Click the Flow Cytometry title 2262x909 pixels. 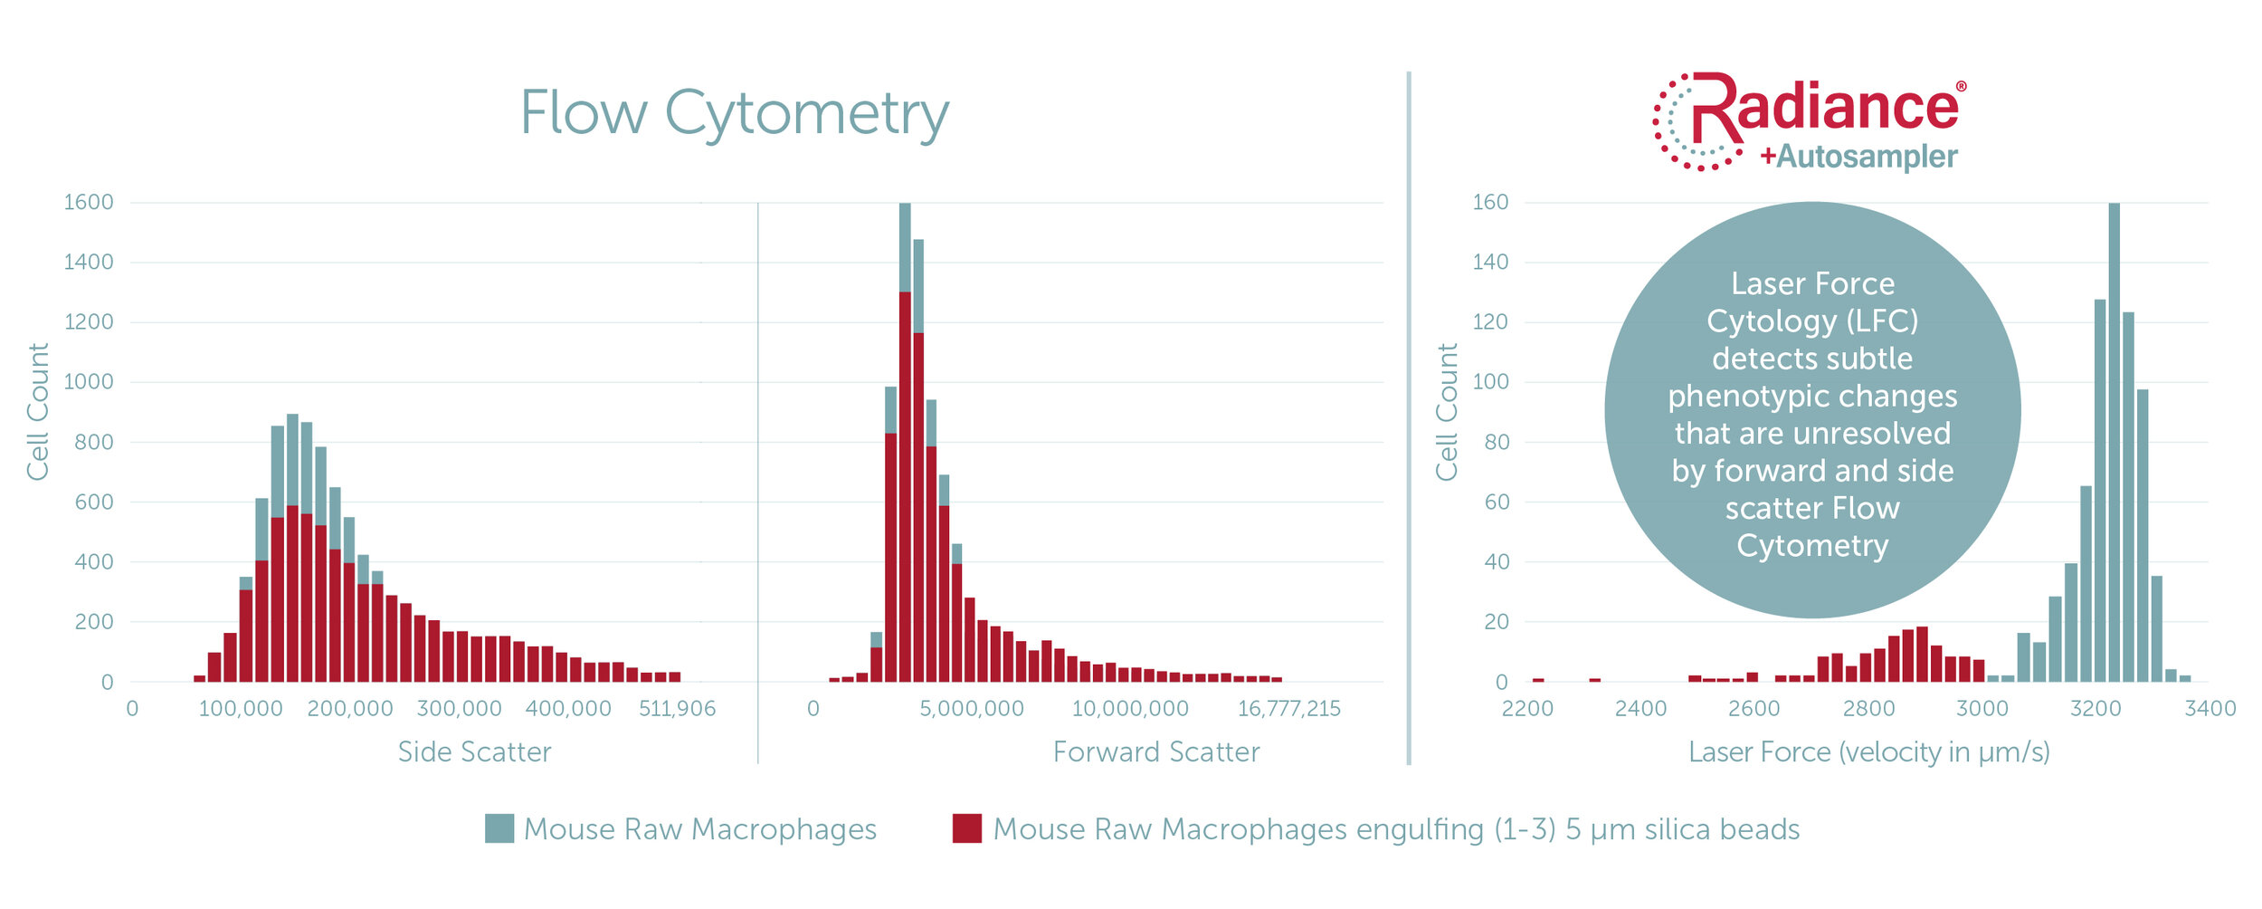[734, 114]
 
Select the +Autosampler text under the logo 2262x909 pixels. [1858, 157]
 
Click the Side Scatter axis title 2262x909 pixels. [474, 751]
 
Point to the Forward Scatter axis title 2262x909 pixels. [1155, 751]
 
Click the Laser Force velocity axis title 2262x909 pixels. [1868, 751]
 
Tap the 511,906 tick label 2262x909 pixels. [677, 708]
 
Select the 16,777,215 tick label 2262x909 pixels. [1288, 708]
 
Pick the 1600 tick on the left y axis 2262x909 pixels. [89, 202]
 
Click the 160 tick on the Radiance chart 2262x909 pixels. [1490, 202]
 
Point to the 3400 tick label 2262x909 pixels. [2210, 708]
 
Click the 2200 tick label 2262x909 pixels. [1527, 708]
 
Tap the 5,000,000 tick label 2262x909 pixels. [972, 708]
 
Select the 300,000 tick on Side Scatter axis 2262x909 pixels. [459, 708]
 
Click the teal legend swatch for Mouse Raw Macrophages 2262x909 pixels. [499, 828]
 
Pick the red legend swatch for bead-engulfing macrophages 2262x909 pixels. [966, 828]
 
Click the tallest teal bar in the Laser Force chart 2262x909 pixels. [2114, 444]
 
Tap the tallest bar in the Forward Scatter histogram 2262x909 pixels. [905, 444]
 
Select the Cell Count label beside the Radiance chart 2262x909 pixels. [1447, 412]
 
